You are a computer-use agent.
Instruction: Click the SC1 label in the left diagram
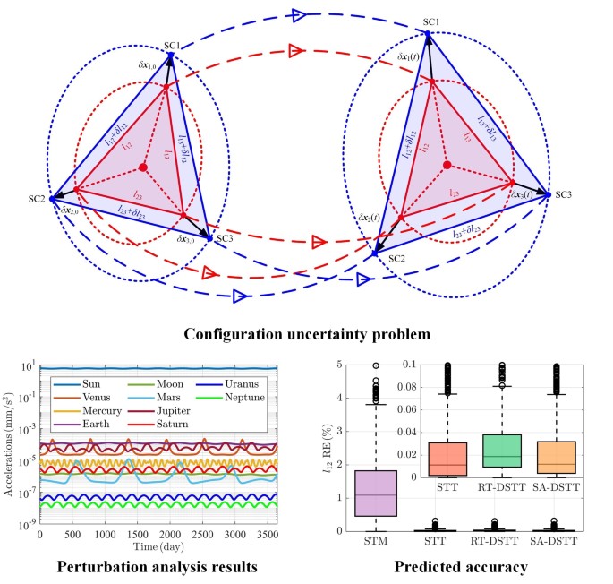pyautogui.click(x=172, y=45)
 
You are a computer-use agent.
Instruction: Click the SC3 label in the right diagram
pyautogui.click(x=564, y=194)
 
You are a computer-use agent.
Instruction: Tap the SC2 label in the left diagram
pyautogui.click(x=36, y=197)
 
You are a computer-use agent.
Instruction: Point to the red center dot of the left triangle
pyautogui.click(x=143, y=168)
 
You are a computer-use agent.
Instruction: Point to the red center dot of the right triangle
pyautogui.click(x=447, y=165)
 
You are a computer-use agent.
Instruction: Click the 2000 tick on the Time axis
pyautogui.click(x=169, y=534)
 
